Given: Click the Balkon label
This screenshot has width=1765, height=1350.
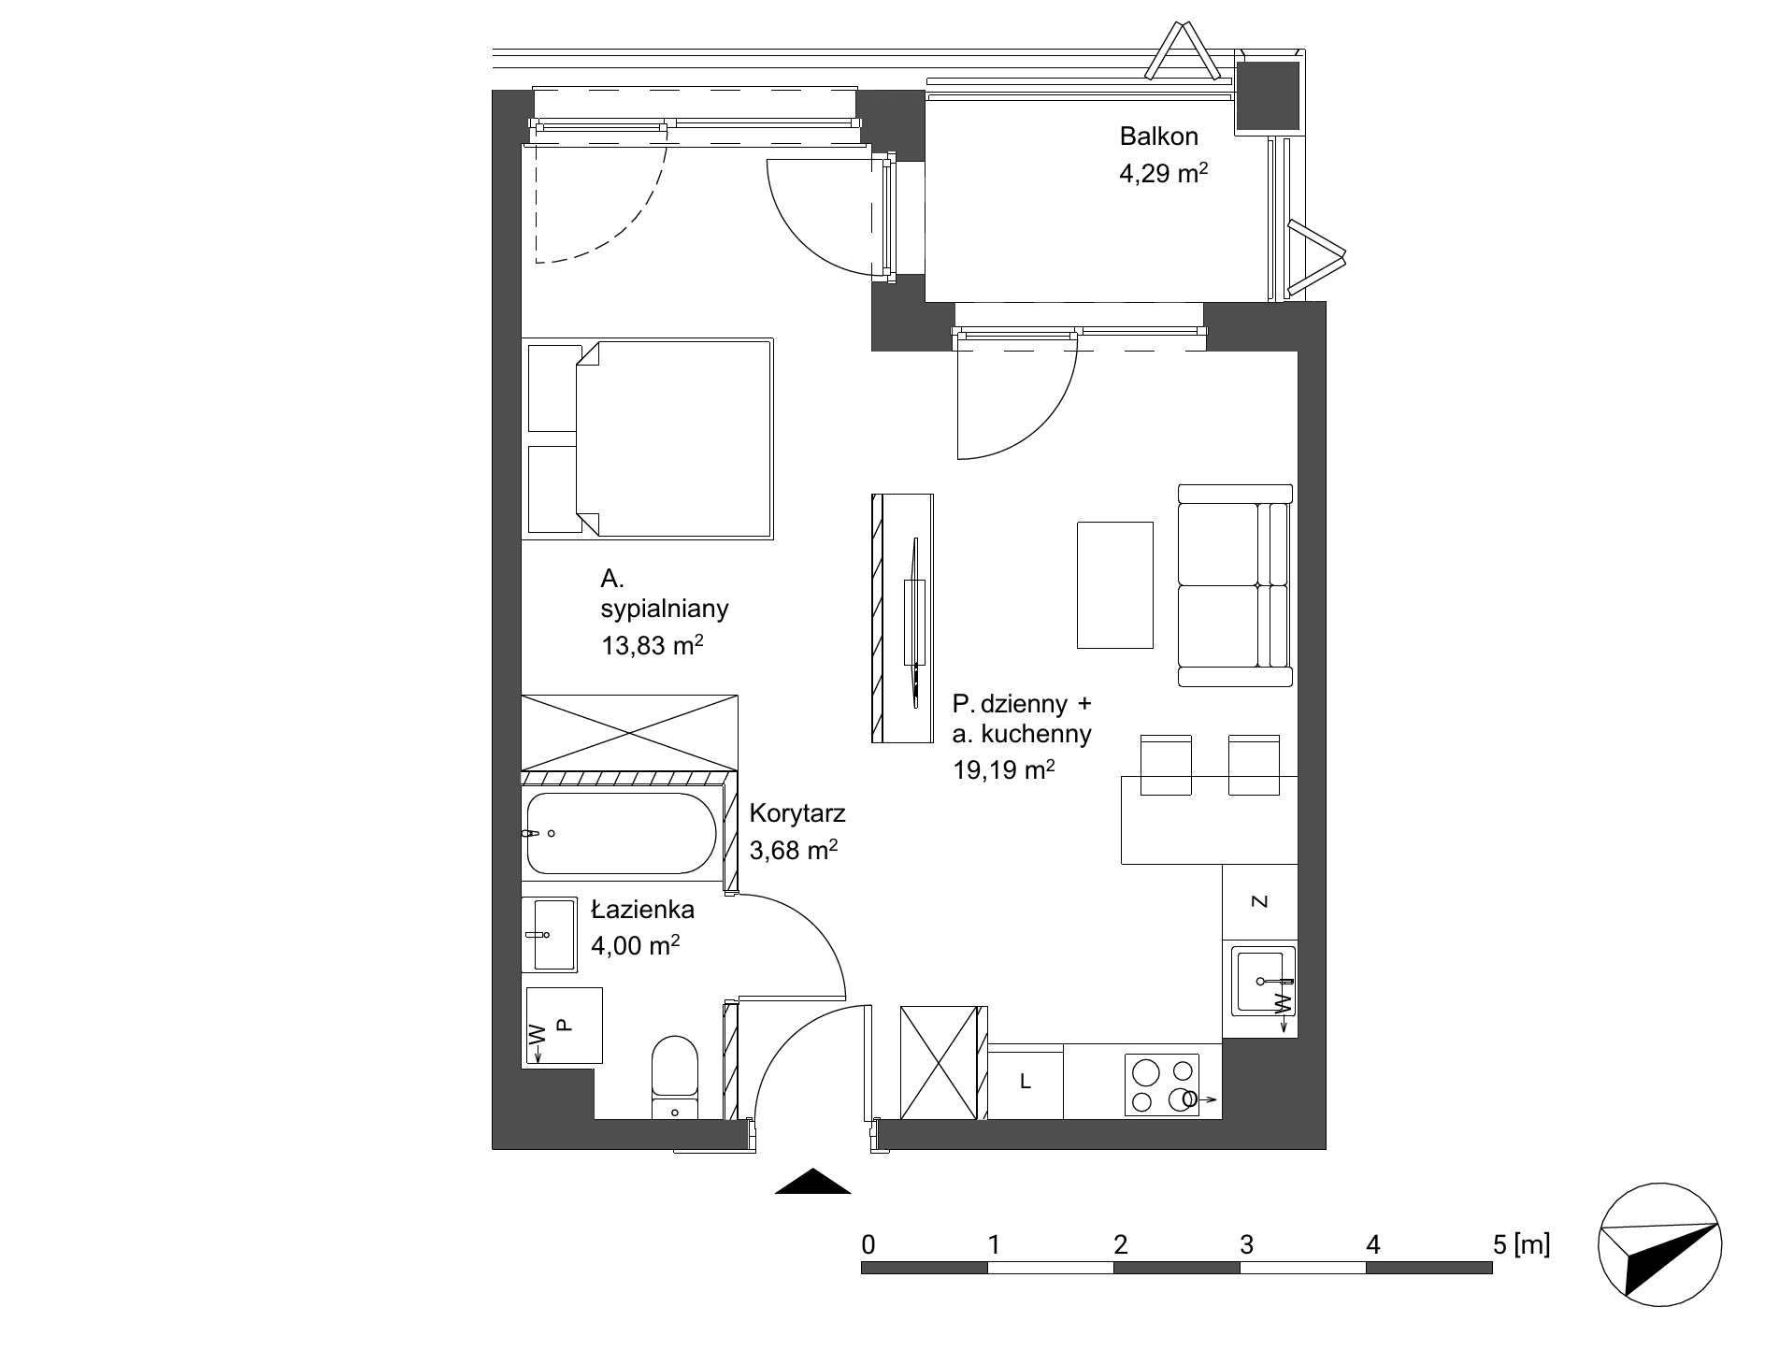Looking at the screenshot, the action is click(1158, 136).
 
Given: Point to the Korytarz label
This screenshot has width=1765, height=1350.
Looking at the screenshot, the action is click(797, 813).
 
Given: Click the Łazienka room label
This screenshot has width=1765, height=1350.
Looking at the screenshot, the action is click(642, 909).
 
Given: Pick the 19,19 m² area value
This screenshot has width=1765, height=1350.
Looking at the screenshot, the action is click(1003, 770).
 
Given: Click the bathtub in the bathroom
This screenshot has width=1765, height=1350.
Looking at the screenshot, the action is click(622, 833).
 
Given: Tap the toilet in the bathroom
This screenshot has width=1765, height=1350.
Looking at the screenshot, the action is click(675, 1076).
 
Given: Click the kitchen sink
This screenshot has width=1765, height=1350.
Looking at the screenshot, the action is click(1263, 980).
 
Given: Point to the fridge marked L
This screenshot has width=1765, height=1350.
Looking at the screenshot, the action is click(1026, 1082).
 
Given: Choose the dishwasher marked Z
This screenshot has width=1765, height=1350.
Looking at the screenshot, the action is click(1259, 901).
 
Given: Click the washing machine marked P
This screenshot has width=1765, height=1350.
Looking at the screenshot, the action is click(564, 1026).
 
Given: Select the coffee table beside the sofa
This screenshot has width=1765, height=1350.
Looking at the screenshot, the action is click(1115, 584).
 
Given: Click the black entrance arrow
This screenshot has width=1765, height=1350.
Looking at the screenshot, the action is click(813, 1182).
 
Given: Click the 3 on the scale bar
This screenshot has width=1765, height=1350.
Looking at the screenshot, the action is click(1245, 1244).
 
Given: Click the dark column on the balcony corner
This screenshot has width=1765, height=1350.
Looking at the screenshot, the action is click(1268, 96).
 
